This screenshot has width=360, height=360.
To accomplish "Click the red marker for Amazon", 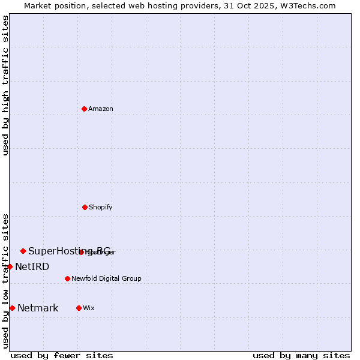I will pos(85,109).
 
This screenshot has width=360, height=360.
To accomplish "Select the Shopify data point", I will pos(85,207).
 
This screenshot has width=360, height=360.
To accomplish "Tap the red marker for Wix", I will pos(79,308).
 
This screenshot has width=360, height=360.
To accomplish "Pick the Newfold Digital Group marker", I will pos(67,278).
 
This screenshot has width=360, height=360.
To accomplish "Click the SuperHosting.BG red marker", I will pos(23,251).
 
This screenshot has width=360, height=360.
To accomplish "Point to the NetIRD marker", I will pos(10,266).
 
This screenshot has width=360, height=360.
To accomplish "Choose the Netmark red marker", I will pos(12,308).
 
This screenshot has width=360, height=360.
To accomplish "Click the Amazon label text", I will pos(101,109).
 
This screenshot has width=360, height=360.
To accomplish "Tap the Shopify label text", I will pos(101,207).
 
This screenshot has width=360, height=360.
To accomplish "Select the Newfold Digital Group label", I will pos(106,278).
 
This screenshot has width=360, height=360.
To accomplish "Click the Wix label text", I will pos(89,308).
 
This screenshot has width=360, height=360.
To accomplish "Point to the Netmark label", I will pos(38,308).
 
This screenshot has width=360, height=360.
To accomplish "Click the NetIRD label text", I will pos(32,266).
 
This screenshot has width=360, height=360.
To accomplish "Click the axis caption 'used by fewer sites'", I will pos(62,355).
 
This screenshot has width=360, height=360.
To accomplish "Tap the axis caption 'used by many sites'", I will pos(301,355).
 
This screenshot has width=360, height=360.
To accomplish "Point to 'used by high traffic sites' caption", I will pos(5,85).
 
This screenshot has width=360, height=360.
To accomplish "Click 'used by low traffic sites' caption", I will pos(5,281).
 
